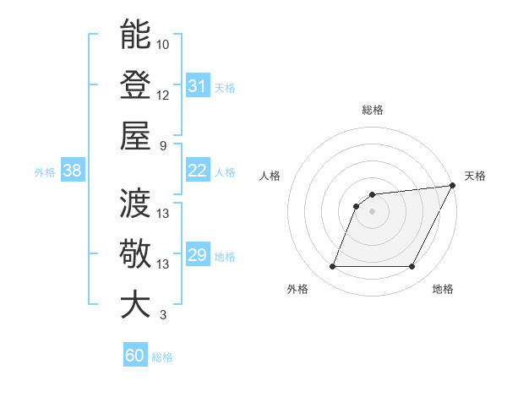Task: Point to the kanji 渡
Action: pos(136,203)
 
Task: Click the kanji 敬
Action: pos(136,253)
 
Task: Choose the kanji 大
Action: pos(136,304)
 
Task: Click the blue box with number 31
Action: pos(197,86)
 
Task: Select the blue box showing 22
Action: pos(197,171)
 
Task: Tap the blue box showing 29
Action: pos(197,255)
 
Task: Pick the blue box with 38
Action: pos(72,171)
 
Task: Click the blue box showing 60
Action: pos(135,356)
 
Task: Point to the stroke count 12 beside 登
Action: pos(163,95)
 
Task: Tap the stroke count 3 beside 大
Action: pos(161,315)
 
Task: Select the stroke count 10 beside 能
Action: pos(163,44)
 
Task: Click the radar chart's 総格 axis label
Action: pos(372,110)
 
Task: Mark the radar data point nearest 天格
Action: pos(454,186)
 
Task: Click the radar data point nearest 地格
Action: pos(412,267)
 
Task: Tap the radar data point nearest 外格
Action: pos(332,267)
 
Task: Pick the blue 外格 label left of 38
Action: pos(45,172)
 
